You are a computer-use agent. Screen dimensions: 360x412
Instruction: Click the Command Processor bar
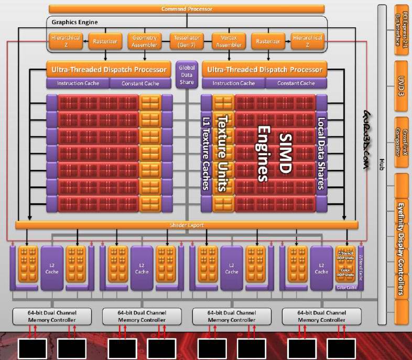pos(186,9)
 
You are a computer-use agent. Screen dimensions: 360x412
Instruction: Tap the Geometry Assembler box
pos(145,41)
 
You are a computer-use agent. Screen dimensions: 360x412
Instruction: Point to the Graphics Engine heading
pos(74,23)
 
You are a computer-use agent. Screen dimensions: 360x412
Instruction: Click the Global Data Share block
pos(186,75)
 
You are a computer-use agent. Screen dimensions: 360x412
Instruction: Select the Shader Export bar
pos(186,225)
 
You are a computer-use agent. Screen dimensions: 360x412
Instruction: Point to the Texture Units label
pos(222,152)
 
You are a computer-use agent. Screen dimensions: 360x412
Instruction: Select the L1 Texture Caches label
pos(206,152)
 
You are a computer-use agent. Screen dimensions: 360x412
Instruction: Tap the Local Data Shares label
pos(321,152)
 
